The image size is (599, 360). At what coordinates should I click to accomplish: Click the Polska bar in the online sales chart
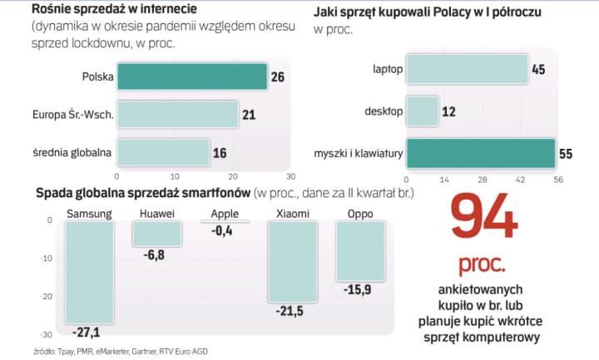coord(191,76)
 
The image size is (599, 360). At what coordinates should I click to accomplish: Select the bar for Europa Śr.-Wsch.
coord(177,114)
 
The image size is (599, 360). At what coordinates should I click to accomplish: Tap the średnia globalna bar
coord(162,152)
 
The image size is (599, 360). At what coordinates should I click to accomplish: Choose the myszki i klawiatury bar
coord(480,154)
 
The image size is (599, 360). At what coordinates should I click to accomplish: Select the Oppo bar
coord(359,251)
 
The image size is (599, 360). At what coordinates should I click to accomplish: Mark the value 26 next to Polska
coord(279,77)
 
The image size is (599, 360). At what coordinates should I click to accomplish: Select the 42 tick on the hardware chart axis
coord(521,179)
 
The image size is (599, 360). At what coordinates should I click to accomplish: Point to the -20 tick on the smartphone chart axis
coord(47,297)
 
